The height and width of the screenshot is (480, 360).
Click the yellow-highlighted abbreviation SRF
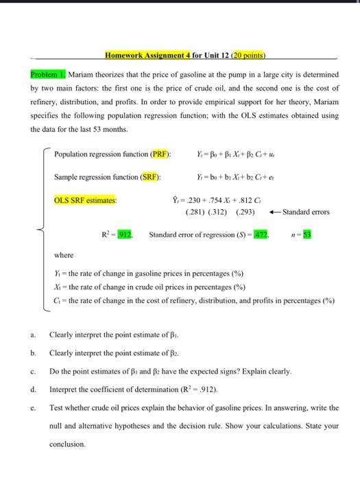148,178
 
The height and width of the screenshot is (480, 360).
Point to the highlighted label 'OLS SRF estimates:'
85,200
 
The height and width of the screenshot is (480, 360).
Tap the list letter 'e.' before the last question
33,407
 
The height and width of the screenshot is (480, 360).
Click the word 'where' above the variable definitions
64,255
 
